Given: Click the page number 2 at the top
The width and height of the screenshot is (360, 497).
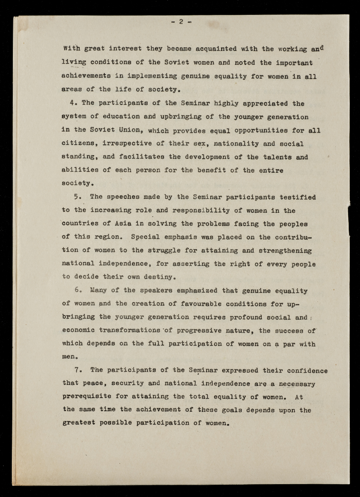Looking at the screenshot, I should pos(181,22).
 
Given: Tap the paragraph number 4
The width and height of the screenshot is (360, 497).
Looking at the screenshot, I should pos(71,103).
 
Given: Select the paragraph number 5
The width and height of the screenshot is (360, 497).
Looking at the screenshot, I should pos(77,197).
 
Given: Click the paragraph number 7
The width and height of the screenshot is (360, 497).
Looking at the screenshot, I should pos(77,370).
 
